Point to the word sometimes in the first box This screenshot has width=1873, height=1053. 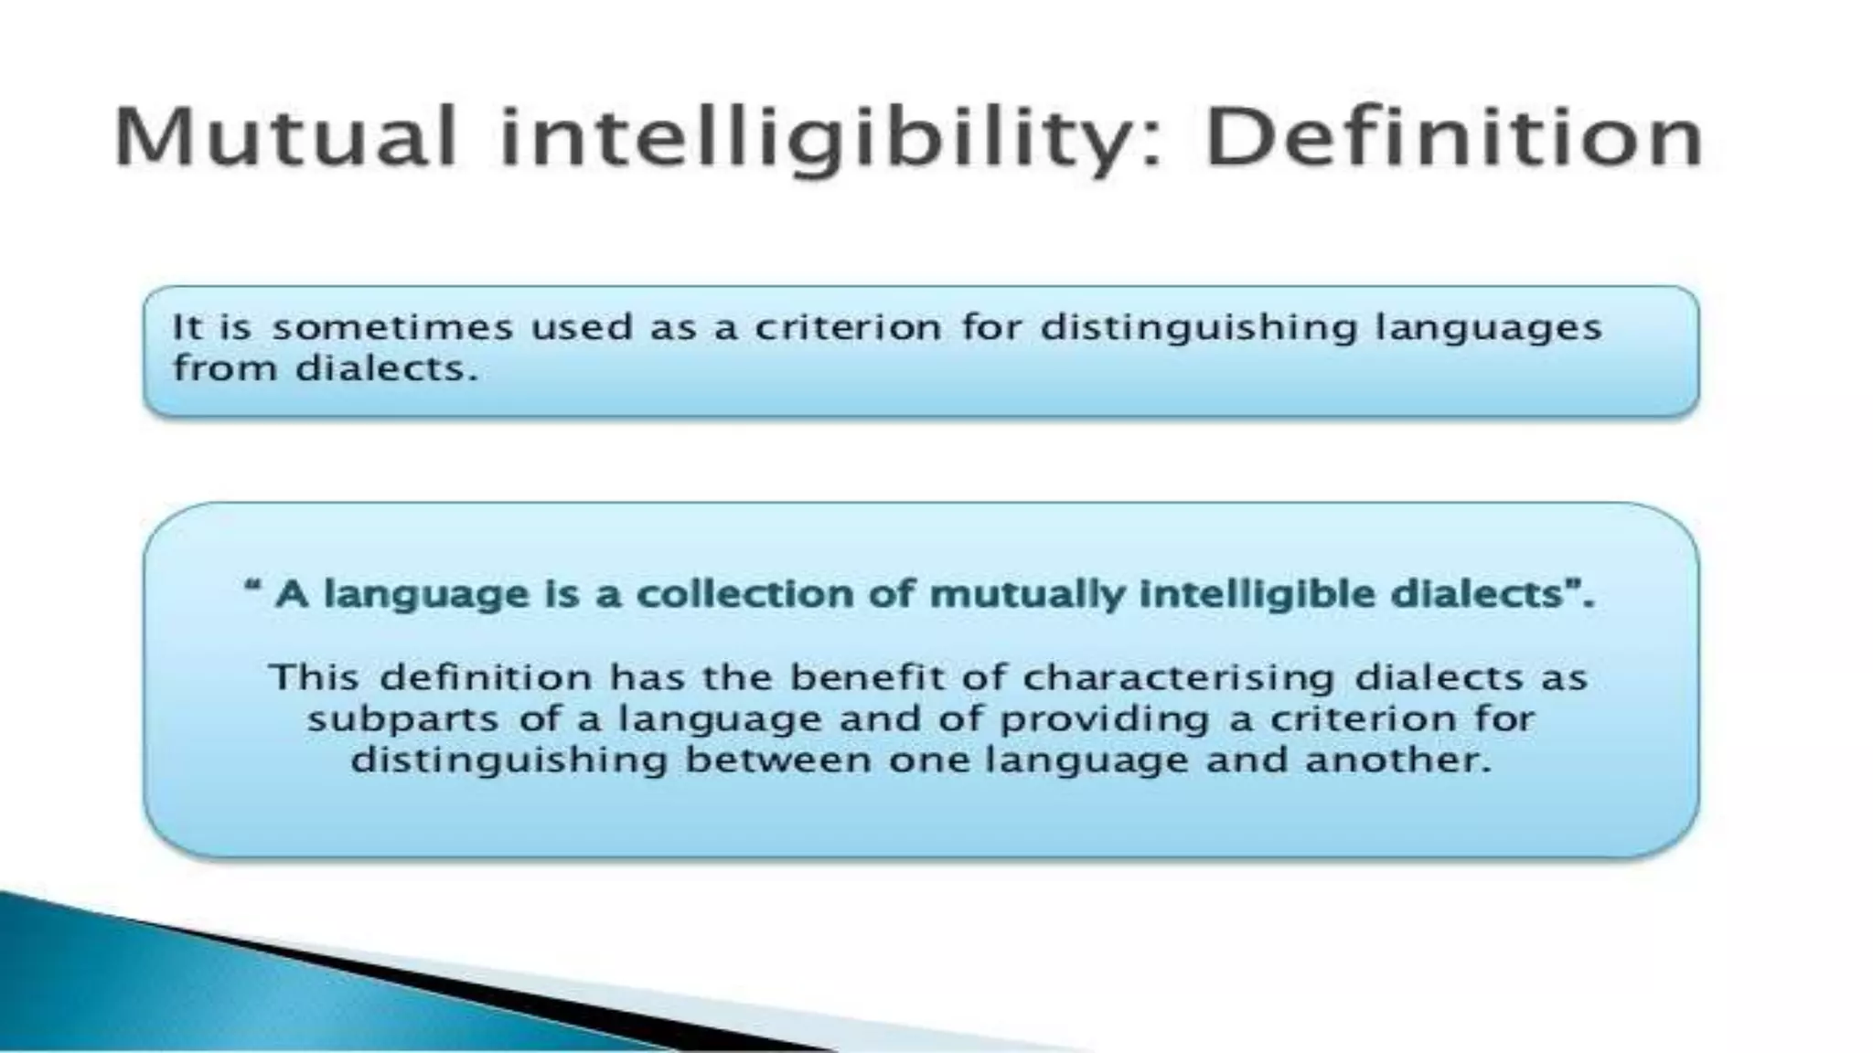(x=392, y=327)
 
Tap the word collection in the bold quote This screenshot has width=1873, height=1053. (x=774, y=595)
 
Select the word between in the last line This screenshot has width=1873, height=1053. (x=777, y=760)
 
